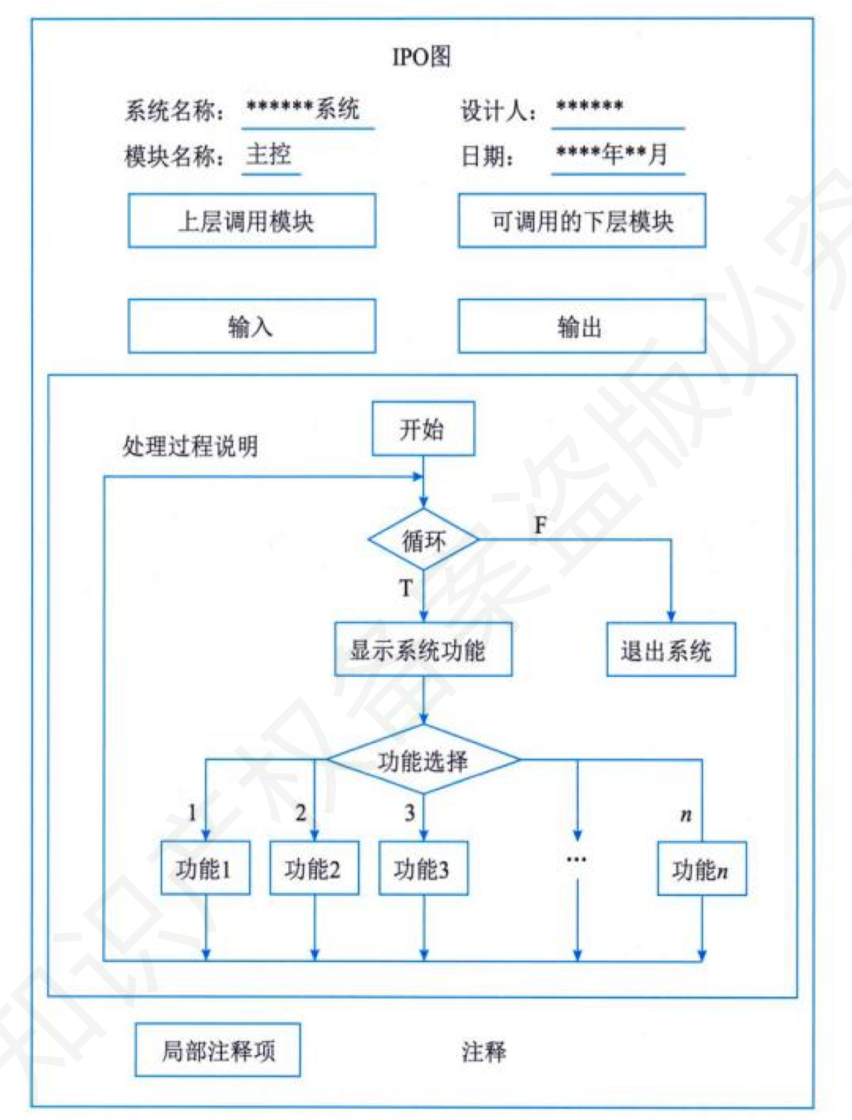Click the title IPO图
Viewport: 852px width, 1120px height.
(x=421, y=56)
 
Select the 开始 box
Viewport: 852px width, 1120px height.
(x=422, y=428)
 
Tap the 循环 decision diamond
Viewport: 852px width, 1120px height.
(x=423, y=540)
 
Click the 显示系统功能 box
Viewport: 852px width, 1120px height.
(x=422, y=649)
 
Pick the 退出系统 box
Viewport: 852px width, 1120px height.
(x=670, y=649)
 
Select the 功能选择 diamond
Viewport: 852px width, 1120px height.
(x=423, y=760)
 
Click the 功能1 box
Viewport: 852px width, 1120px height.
(x=205, y=869)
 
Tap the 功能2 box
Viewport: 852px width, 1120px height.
(x=314, y=869)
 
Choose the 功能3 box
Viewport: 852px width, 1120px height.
(x=423, y=869)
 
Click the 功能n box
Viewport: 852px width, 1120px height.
(x=701, y=869)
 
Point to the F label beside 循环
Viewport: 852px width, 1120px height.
(x=540, y=525)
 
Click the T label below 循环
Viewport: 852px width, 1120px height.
(x=406, y=588)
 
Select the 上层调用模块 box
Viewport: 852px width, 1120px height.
(x=251, y=221)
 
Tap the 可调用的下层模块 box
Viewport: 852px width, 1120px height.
(x=582, y=221)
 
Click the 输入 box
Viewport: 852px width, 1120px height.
(x=251, y=326)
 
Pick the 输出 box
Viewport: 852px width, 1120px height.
(x=582, y=326)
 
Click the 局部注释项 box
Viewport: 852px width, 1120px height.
(x=218, y=1050)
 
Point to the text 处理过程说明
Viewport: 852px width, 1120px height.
(x=190, y=446)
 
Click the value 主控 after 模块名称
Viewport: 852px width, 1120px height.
(x=269, y=154)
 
